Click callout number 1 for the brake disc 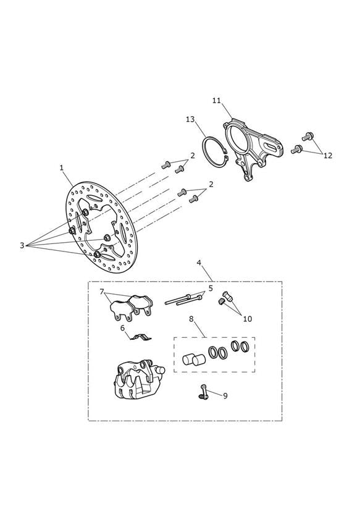pos(61,168)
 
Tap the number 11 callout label pos(217,101)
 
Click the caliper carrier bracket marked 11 pos(252,149)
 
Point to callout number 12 pos(328,156)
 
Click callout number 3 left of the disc pos(22,245)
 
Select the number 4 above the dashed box pos(199,263)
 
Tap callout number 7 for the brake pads pos(102,292)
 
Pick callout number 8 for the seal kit pos(191,319)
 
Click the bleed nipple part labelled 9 pos(204,392)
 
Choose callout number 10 pos(248,319)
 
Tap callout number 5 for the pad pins pos(211,288)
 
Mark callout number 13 pos(190,119)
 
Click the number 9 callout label pos(225,396)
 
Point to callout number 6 pos(122,328)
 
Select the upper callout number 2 pos(193,156)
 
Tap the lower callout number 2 pos(211,184)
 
